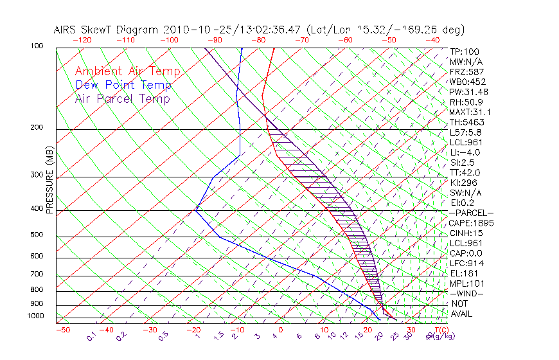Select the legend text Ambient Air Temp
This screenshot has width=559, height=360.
pos(127,71)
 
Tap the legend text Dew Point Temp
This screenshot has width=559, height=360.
pos(123,85)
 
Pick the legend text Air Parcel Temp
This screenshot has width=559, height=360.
pos(122,98)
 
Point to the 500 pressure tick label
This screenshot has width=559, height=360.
pos(37,235)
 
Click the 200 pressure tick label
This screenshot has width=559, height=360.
pos(37,127)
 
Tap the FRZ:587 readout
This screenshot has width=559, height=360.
pos(467,71)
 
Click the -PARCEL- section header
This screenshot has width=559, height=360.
pos(471,213)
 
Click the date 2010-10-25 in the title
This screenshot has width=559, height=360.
pos(193,30)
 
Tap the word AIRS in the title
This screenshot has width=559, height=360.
pos(66,30)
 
